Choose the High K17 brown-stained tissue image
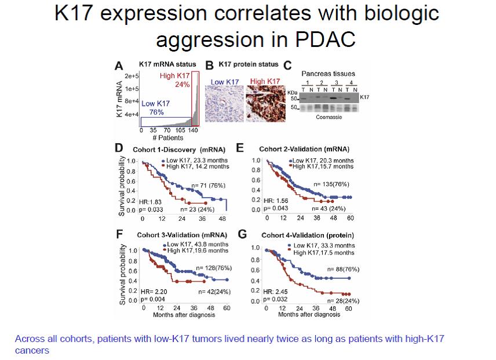[x=265, y=103]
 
